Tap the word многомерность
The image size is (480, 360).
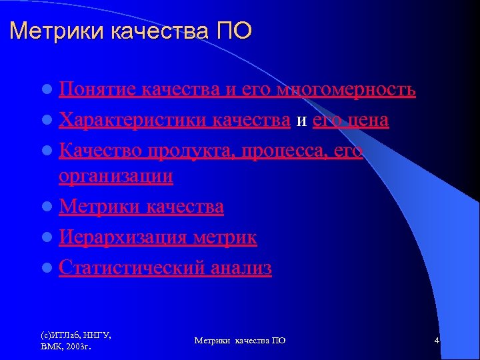point(346,89)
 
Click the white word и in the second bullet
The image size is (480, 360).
point(301,121)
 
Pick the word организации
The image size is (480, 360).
point(116,176)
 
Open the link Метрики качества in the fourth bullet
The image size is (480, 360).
point(141,207)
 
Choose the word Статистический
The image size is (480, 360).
point(132,268)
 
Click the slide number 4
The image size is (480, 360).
point(437,341)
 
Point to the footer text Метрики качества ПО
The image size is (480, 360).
point(240,341)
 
